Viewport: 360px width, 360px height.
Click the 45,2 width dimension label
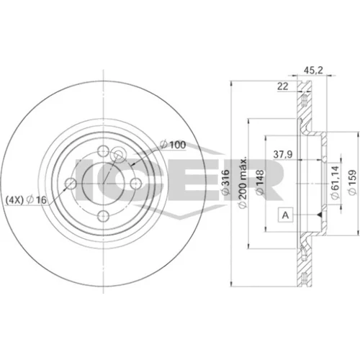coord(313,71)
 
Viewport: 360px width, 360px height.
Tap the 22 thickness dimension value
coord(282,86)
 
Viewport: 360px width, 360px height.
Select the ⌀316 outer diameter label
coord(225,182)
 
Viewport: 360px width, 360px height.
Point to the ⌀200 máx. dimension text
coord(243,183)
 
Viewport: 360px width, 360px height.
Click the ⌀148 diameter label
coord(260,182)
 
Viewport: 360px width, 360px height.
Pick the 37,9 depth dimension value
coord(283,155)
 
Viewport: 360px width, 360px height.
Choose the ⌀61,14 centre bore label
coord(335,182)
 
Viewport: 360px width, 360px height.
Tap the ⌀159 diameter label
coord(352,182)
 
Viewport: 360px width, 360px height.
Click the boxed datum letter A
coord(285,215)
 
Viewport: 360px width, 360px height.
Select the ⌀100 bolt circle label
coord(173,145)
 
